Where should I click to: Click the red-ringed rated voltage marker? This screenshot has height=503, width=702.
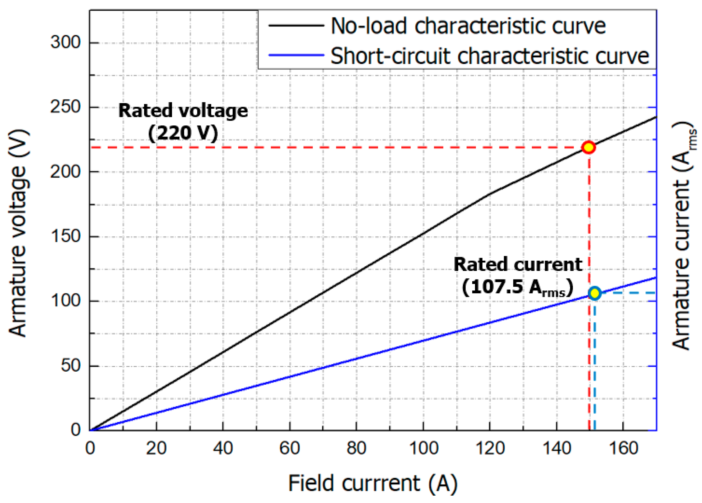(x=588, y=147)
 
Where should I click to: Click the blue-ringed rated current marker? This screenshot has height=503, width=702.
(x=595, y=293)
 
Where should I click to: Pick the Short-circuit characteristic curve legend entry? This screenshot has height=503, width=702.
(x=489, y=56)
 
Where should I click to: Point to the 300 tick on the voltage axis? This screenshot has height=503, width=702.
(x=66, y=42)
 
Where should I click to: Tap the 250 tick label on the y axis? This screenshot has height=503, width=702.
(x=66, y=107)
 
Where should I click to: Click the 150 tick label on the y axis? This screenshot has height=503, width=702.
(x=66, y=236)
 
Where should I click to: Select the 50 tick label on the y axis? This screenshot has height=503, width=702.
(x=71, y=365)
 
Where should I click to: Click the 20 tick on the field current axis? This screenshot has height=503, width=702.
(x=156, y=449)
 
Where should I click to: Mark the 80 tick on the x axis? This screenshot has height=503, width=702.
(x=356, y=449)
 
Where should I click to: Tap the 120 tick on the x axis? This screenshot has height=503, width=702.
(x=490, y=449)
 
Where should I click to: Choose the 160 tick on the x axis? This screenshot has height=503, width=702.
(x=623, y=449)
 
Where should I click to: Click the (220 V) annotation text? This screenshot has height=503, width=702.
(x=183, y=133)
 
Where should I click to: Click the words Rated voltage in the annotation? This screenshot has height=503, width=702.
(x=183, y=110)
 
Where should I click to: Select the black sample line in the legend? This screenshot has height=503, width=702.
(x=296, y=25)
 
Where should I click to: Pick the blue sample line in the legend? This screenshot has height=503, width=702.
(x=296, y=55)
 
